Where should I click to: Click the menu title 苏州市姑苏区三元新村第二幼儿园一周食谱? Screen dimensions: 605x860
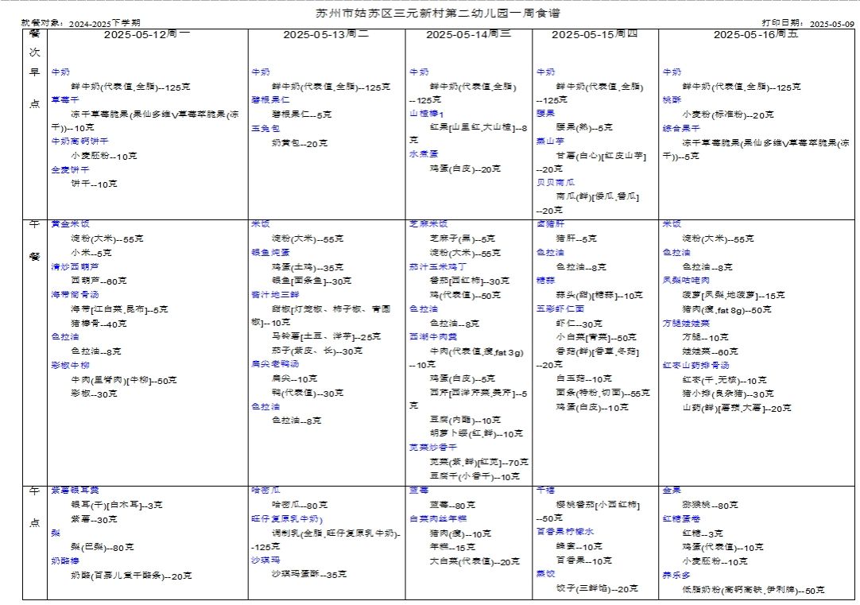coord(431,14)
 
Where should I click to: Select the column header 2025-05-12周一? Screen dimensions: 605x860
coord(146,35)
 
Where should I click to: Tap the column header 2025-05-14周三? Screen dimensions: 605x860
coord(468,35)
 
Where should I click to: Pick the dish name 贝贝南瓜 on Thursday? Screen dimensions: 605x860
coord(556,182)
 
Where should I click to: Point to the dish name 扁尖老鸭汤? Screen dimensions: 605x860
coord(269,364)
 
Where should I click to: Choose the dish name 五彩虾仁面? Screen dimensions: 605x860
coord(560,308)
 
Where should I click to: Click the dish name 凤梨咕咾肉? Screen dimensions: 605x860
coord(685,281)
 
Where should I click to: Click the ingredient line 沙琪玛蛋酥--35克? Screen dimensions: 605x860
coord(309,574)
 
